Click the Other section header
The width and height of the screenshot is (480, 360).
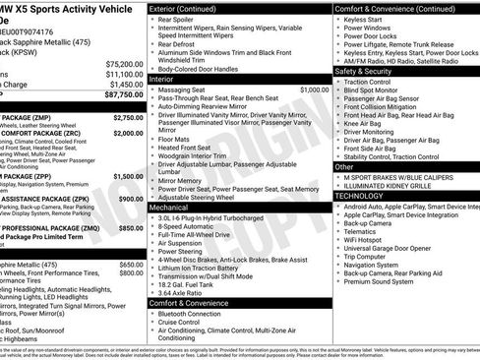click(x=344, y=166)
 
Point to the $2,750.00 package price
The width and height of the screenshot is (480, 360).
click(x=128, y=117)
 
